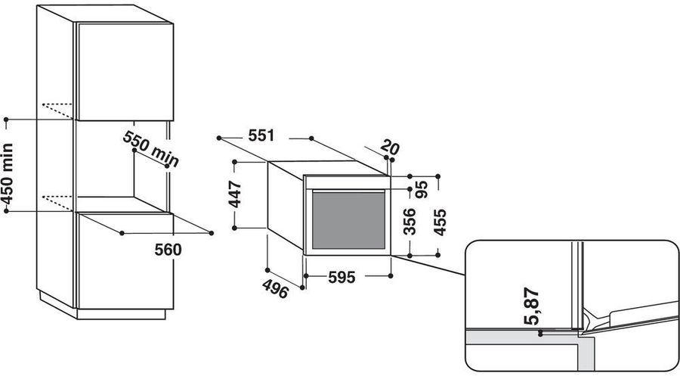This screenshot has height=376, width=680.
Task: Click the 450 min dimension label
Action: pyautogui.click(x=8, y=174)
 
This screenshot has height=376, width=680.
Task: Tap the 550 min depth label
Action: pyautogui.click(x=151, y=148)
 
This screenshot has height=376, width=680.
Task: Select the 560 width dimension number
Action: pyautogui.click(x=168, y=250)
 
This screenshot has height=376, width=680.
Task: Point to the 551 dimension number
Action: pyautogui.click(x=261, y=136)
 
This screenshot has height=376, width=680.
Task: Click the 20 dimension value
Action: pyautogui.click(x=390, y=148)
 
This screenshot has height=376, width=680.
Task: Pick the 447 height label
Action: pyautogui.click(x=236, y=194)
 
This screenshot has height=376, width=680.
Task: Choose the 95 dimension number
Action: pyautogui.click(x=422, y=189)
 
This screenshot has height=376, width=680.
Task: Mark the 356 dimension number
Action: pyautogui.click(x=410, y=222)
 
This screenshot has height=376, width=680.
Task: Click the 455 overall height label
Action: pyautogui.click(x=440, y=222)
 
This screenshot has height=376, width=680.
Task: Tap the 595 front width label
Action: pyautogui.click(x=342, y=277)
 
